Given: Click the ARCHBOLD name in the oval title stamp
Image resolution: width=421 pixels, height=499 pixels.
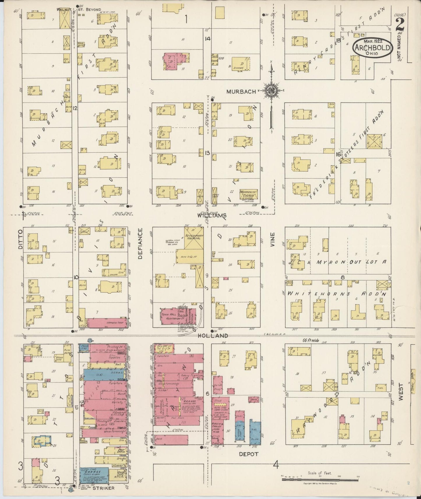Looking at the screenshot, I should (x=371, y=47).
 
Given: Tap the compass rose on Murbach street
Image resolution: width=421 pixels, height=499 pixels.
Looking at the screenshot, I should (x=271, y=91).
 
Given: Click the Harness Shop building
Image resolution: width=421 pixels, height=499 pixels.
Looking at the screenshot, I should (x=107, y=323).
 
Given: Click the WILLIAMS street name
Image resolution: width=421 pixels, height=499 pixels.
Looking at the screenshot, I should (x=212, y=216).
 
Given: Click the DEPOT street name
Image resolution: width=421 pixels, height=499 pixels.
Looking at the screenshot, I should (x=249, y=454).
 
